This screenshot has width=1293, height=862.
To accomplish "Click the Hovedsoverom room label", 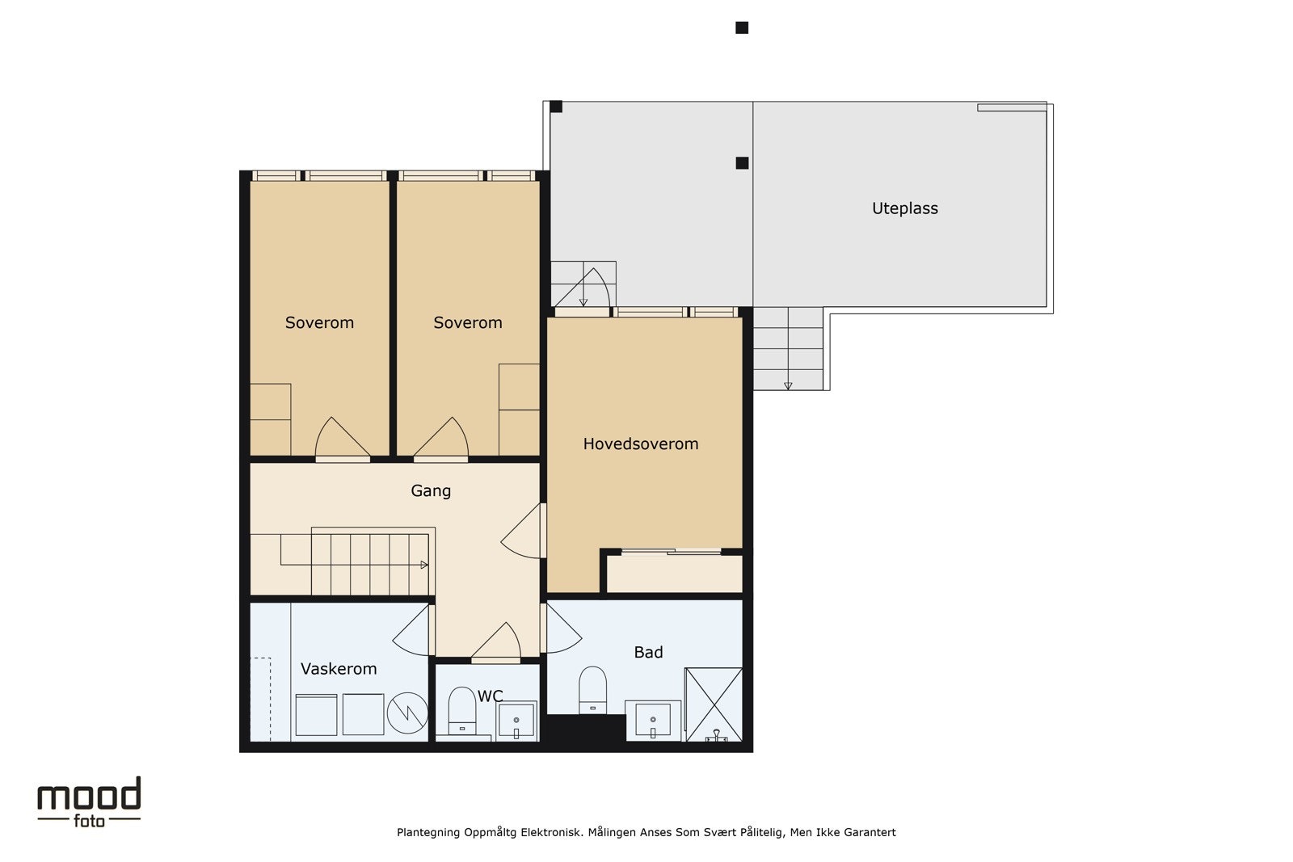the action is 640,444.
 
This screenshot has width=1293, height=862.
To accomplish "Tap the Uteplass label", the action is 904,208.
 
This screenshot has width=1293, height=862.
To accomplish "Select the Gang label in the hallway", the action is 431,491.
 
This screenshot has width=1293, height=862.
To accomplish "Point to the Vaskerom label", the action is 339,669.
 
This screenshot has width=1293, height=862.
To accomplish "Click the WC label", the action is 490,696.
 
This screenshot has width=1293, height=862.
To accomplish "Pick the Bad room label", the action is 648,653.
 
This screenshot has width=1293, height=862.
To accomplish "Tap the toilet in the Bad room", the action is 593,690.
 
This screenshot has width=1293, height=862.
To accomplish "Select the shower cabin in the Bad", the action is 714,704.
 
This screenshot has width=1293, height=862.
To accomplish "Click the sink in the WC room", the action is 516,721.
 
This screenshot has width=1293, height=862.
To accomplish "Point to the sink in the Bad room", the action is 653,720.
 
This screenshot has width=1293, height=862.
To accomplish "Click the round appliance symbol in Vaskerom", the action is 407,713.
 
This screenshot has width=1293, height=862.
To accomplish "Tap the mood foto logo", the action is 89,802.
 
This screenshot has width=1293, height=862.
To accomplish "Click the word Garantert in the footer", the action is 870,833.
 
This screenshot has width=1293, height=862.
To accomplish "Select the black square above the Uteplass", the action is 742,27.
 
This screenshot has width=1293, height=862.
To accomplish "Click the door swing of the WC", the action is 496,640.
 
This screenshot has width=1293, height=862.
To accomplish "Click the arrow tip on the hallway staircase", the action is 427,565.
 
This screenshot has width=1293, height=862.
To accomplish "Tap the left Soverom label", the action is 319,322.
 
